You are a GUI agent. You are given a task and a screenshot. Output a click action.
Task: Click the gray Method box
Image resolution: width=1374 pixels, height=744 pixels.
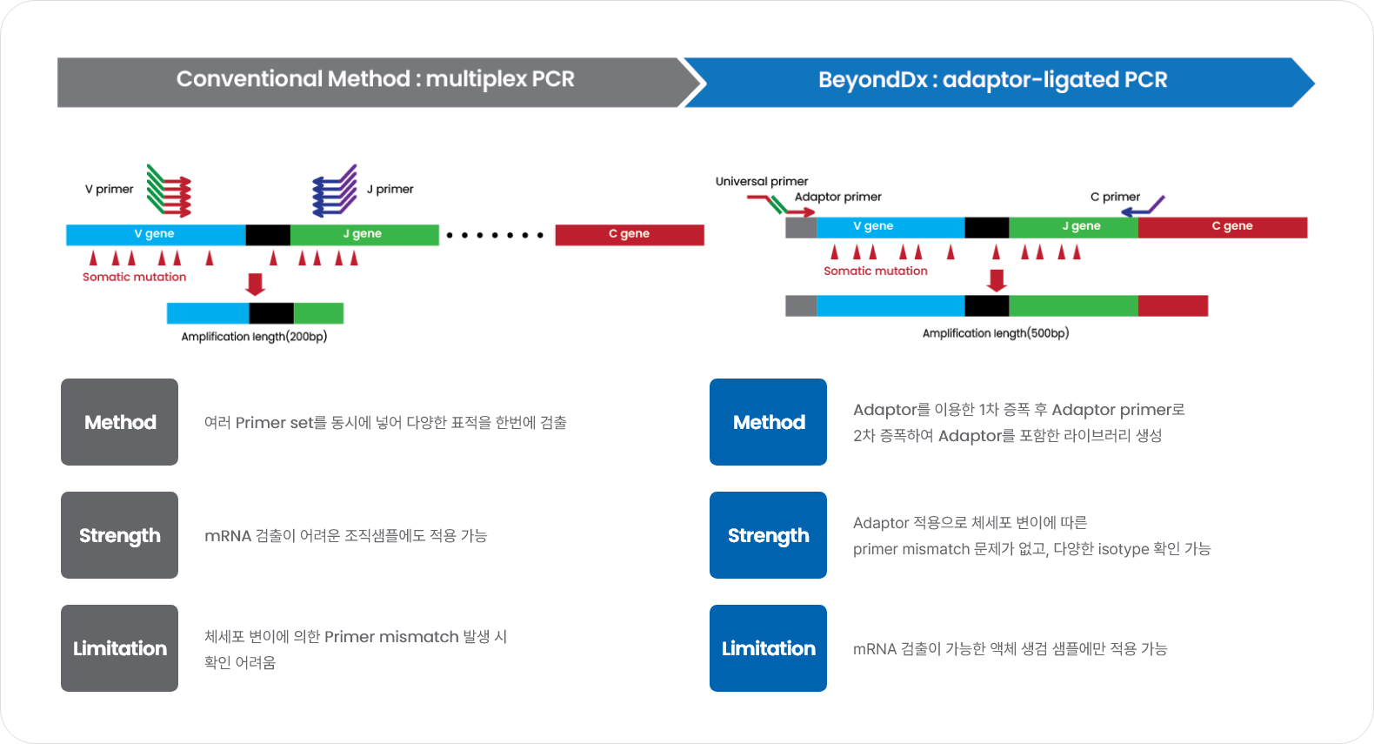[x=120, y=422]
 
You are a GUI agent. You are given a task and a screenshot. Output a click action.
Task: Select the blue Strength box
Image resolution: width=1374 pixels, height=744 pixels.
[x=768, y=534]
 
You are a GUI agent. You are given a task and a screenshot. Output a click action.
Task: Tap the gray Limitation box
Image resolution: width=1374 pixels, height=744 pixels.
[x=120, y=648]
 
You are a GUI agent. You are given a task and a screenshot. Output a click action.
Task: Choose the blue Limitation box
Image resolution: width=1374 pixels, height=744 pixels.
[x=768, y=648]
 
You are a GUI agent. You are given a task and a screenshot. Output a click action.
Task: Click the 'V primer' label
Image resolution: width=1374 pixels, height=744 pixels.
[x=110, y=189]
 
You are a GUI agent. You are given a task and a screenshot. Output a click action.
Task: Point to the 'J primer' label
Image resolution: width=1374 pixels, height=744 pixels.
[x=390, y=189]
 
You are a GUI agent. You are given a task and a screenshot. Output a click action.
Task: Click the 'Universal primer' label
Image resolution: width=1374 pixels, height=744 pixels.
[x=761, y=181]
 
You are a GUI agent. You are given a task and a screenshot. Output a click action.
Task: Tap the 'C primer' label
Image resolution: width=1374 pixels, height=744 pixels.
[x=1115, y=197]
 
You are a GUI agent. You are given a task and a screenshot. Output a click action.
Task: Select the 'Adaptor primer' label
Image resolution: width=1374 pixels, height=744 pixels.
[x=838, y=197]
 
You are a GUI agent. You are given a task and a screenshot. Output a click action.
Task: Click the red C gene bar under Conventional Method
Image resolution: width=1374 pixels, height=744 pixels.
[x=630, y=234]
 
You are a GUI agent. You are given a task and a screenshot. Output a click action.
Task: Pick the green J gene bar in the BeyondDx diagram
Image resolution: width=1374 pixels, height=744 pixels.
[x=1073, y=227]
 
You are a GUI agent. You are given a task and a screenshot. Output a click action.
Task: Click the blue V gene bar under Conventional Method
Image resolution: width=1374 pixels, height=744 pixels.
[x=156, y=234]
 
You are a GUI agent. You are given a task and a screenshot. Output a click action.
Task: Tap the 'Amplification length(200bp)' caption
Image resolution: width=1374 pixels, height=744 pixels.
[x=254, y=337]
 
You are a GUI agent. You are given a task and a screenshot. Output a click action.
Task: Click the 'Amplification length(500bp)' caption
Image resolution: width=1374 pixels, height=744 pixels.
[x=996, y=332]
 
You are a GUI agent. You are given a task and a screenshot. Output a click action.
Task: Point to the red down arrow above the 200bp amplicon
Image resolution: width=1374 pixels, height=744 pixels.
[x=255, y=285]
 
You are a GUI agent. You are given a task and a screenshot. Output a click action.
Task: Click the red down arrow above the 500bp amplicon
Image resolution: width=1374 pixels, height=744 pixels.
[x=997, y=280]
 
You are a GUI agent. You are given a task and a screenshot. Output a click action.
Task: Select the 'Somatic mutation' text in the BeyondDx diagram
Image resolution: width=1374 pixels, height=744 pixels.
[x=876, y=271]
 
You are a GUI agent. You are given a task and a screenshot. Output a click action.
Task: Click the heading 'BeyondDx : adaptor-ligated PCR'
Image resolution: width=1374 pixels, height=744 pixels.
[x=992, y=80]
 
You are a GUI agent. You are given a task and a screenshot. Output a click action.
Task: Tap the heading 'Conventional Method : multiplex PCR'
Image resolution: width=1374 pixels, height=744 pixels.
[x=376, y=79]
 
